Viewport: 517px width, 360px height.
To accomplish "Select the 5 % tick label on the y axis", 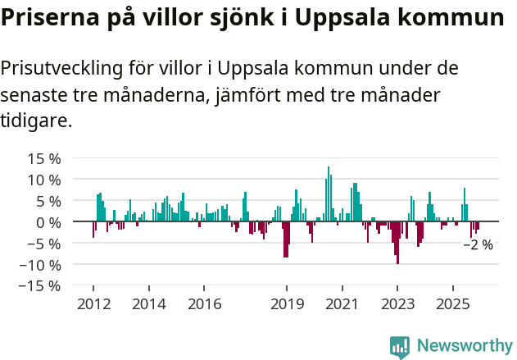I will point(47,201).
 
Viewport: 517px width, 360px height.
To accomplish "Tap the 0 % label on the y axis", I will point(47,222).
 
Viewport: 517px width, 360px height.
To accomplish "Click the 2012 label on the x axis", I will point(93,304).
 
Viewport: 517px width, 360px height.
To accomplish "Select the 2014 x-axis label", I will point(148,304).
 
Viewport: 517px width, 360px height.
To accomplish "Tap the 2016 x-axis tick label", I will point(204,304).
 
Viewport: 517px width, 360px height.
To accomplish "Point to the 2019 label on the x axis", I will point(287,304).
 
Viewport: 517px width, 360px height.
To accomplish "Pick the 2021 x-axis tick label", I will point(342,304).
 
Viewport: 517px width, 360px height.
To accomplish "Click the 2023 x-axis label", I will point(397,304).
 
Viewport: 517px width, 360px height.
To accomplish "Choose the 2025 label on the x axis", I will point(453,304).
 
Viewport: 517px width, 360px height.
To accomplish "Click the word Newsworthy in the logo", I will point(464,346).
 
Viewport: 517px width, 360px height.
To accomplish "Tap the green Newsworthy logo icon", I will point(400,347).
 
